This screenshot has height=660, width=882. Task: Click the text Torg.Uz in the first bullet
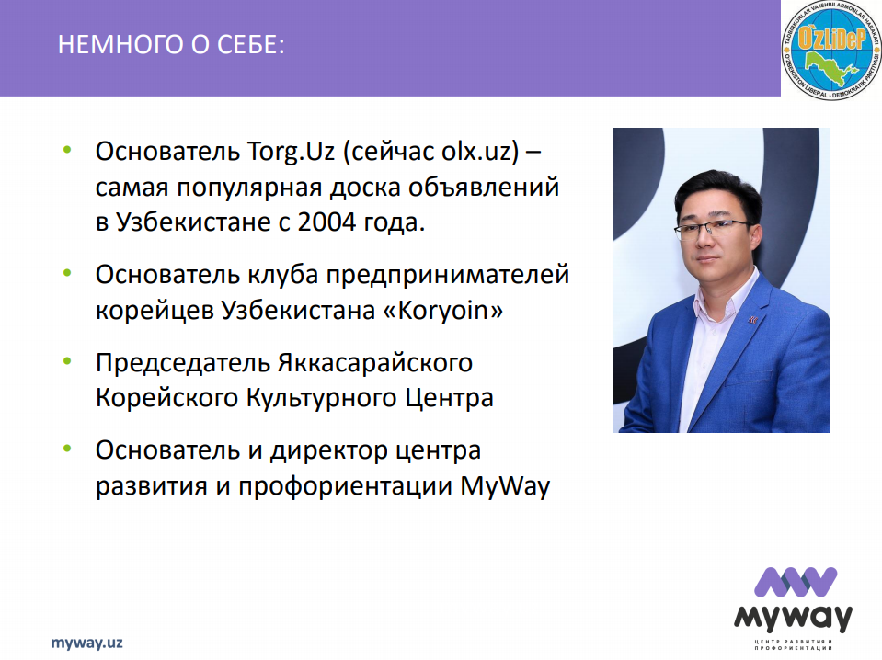tap(292, 153)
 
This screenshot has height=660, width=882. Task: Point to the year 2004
tap(326, 222)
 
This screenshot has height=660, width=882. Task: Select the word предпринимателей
tap(448, 276)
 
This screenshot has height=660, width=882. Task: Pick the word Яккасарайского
tap(375, 363)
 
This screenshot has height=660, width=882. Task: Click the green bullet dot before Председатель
tap(67, 361)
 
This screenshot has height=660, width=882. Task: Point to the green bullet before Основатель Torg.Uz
tap(67, 150)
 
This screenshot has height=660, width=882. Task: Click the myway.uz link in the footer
tap(86, 643)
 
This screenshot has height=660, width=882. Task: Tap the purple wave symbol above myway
tap(796, 582)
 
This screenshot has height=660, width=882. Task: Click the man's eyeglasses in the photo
tap(712, 229)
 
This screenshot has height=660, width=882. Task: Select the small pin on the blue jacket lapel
tap(752, 320)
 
